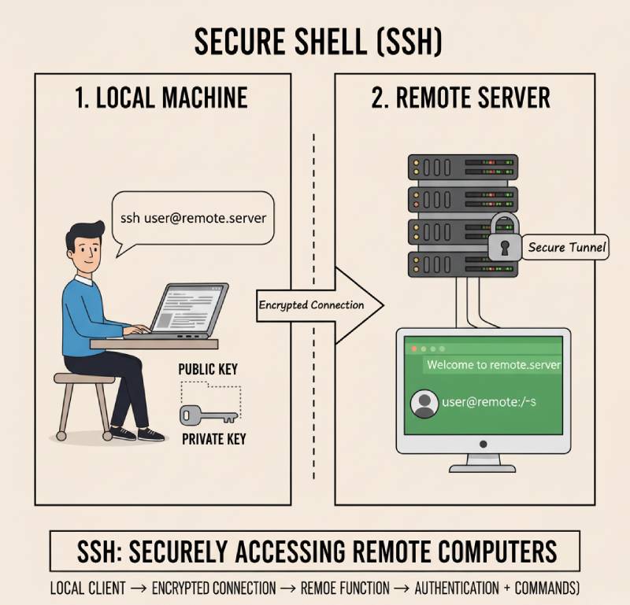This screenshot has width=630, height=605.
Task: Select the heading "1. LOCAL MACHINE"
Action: tap(161, 98)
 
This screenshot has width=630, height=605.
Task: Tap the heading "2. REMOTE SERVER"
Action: tap(461, 98)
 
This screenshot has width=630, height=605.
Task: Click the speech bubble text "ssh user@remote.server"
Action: tap(193, 217)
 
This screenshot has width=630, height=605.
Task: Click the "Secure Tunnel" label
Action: tap(567, 247)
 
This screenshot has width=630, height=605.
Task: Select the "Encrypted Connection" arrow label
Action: tap(311, 304)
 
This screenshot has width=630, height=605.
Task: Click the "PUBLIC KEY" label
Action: tap(208, 369)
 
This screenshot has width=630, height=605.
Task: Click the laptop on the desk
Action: tap(189, 311)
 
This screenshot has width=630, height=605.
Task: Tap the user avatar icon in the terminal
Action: tap(424, 404)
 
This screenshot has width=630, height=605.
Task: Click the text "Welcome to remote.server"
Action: tap(493, 365)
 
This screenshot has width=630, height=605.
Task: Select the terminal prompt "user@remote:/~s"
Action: tap(488, 402)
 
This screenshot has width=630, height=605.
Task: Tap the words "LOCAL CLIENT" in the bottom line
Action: tap(87, 588)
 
